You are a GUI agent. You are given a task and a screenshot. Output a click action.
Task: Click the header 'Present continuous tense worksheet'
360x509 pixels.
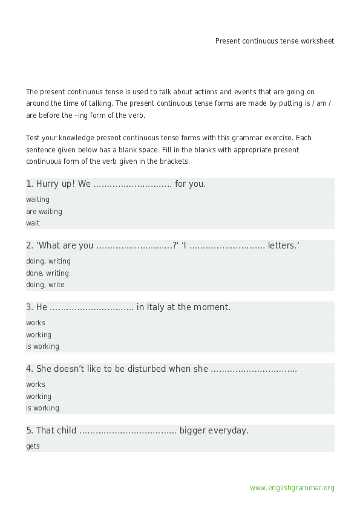coord(274,41)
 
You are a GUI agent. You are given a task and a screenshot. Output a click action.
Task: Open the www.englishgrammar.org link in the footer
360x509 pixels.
coord(292,488)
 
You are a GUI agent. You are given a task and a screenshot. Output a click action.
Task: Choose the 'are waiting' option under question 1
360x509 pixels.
coord(44,212)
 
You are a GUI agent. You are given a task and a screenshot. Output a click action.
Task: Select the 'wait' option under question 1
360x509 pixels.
coord(33,223)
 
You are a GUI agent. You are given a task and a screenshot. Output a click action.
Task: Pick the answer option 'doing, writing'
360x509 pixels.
coord(48,261)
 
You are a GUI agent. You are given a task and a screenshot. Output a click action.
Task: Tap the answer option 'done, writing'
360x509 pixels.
coord(47,273)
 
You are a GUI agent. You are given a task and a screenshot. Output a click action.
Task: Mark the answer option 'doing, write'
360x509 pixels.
coord(45,285)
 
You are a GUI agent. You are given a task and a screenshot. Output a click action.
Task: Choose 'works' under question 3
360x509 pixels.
coord(36,323)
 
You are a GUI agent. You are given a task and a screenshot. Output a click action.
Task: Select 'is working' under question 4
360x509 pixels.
coord(42,408)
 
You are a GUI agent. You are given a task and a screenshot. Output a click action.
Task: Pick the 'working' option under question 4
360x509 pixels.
coord(39,397)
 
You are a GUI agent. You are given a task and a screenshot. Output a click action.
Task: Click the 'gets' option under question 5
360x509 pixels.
coord(33,446)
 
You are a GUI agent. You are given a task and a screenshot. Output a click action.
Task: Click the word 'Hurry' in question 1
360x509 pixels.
coord(48,184)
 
